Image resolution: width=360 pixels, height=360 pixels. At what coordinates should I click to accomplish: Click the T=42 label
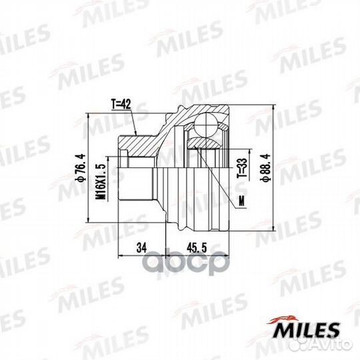click(120, 105)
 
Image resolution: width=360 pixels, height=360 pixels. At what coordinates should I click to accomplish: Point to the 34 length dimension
click(141, 247)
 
